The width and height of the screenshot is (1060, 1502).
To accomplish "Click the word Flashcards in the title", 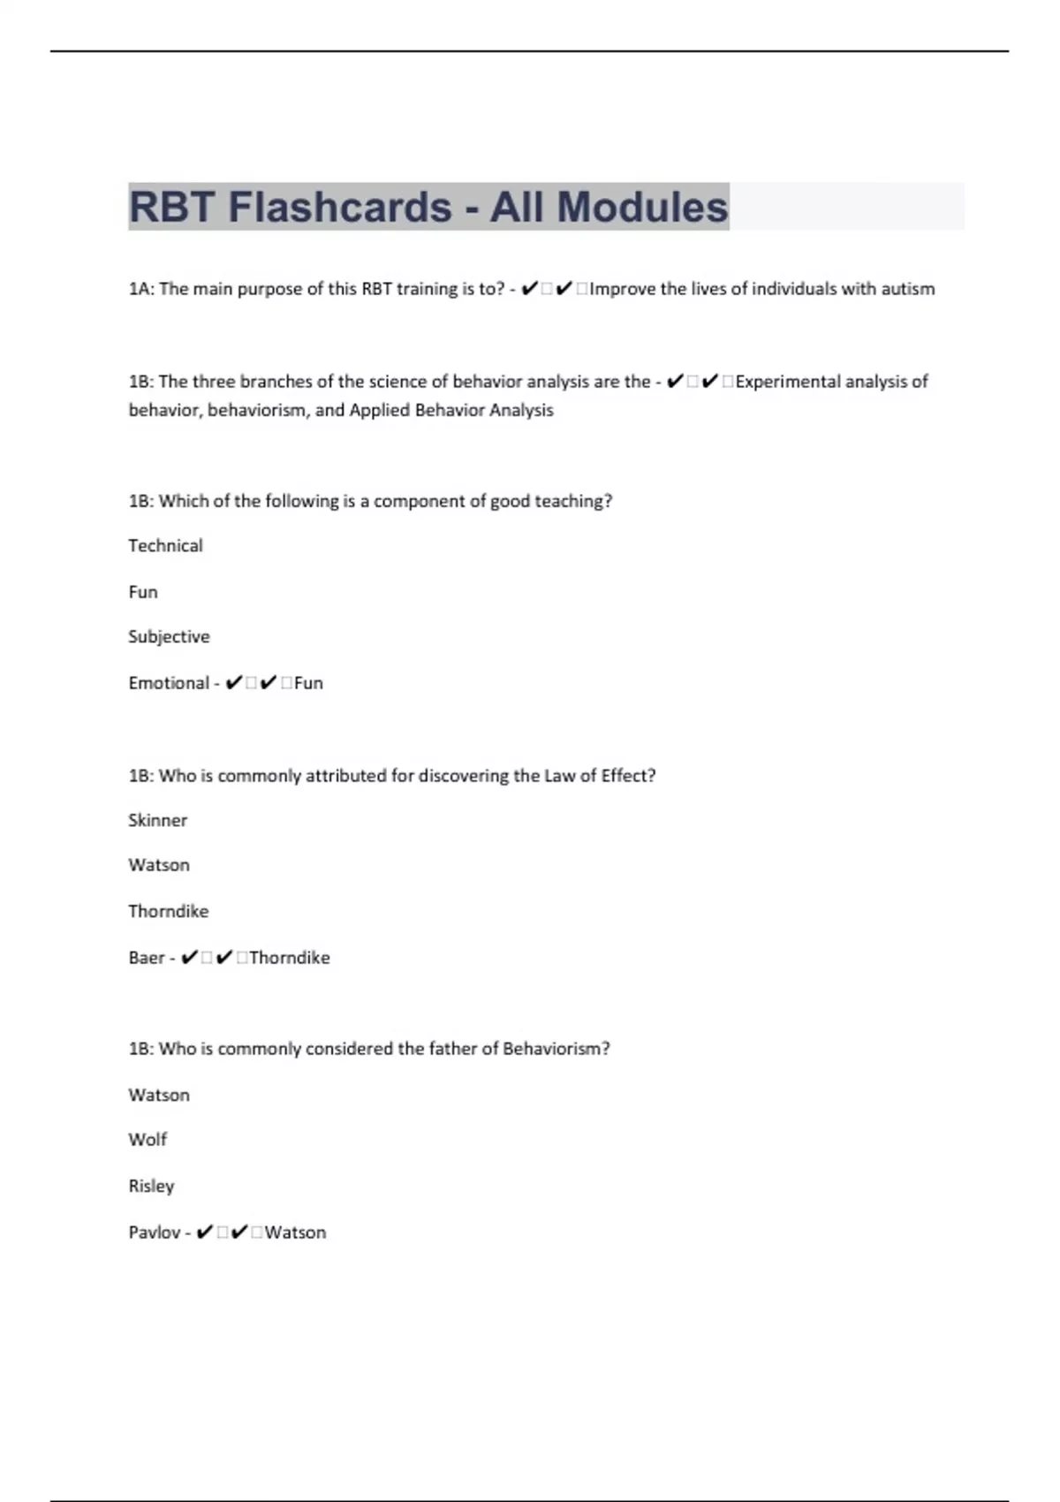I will (x=340, y=208).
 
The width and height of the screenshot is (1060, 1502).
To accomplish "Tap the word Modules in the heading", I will (x=642, y=208).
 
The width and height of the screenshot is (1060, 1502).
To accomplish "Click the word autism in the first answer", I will (x=908, y=289).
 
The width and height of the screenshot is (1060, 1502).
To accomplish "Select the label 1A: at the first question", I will (x=141, y=289).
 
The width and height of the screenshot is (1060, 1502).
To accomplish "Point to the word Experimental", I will (x=783, y=382).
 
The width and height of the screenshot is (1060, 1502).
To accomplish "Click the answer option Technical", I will (x=165, y=546).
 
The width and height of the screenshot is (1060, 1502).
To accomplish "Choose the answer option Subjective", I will (x=169, y=637).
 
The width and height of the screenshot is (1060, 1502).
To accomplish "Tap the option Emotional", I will (x=169, y=683).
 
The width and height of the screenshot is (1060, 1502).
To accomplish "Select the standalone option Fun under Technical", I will (x=143, y=592).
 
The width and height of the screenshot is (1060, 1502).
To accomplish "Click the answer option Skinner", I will (x=157, y=821).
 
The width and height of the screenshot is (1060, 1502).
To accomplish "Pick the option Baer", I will (x=147, y=958).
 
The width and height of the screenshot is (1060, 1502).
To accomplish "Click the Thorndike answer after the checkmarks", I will (x=290, y=958).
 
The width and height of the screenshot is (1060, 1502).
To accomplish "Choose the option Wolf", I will (x=148, y=1140).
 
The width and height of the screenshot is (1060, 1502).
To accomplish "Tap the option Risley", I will (x=151, y=1186).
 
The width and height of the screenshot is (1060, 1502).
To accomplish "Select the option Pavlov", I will (x=155, y=1233).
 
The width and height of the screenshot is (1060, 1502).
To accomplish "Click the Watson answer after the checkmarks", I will (x=296, y=1233).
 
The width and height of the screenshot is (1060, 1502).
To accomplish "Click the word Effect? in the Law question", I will (x=628, y=776).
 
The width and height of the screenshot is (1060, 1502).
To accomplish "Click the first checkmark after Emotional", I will (x=234, y=683).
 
